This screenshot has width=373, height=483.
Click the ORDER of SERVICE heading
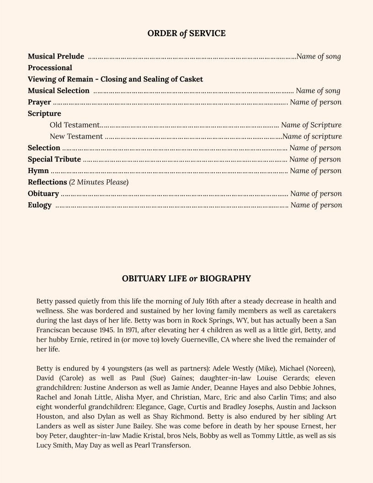[x=186, y=33]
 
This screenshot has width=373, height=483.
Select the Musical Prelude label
[x=56, y=56]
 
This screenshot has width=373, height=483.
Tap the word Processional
[x=50, y=68]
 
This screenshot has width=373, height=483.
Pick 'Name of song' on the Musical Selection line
[x=318, y=91]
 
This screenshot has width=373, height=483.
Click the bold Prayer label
[x=39, y=102]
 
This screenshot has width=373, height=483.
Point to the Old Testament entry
[x=74, y=125]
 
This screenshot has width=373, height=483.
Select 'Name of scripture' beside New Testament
[x=312, y=136]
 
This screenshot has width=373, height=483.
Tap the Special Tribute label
[x=54, y=159]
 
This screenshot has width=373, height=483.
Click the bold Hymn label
[x=38, y=171]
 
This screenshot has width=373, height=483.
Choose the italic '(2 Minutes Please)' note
[x=99, y=182]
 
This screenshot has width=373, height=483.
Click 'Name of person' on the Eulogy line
[x=316, y=205]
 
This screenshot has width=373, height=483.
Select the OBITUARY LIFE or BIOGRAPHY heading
[x=186, y=279]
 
